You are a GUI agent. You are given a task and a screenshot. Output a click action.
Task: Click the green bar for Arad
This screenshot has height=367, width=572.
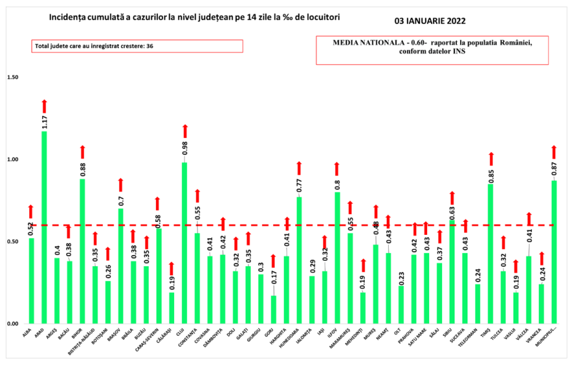45,228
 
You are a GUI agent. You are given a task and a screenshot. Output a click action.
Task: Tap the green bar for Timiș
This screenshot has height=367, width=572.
491,254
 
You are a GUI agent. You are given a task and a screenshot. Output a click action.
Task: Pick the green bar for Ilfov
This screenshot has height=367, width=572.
337,258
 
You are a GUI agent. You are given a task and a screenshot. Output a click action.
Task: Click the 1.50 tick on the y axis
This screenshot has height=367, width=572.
13,77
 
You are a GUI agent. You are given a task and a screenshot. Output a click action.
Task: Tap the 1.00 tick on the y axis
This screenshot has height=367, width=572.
13,159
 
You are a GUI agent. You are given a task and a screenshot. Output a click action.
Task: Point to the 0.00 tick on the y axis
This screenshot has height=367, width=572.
13,323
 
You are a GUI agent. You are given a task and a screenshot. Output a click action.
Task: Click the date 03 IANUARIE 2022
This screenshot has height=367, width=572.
430,20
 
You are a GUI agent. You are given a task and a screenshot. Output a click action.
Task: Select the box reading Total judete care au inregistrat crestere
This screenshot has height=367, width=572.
136,46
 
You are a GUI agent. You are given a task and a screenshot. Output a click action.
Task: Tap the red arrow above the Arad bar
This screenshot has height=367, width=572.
45,106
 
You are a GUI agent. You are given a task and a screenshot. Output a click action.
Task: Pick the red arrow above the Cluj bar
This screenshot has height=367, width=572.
185,131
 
